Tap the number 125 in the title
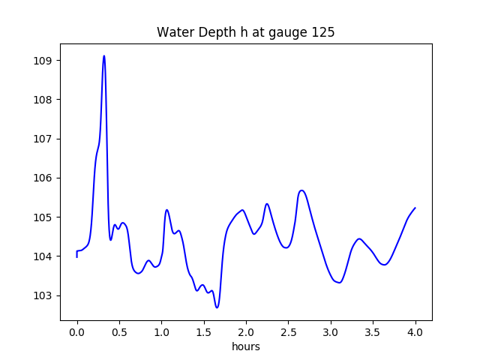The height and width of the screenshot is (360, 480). (x=325, y=33)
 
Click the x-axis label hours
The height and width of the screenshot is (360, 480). (x=246, y=347)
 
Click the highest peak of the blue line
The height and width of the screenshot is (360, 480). (x=104, y=55)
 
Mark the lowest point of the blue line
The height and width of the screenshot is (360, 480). (x=217, y=307)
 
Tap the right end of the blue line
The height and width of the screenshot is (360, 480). (x=415, y=208)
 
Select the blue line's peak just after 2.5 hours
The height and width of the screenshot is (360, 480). (x=301, y=190)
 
